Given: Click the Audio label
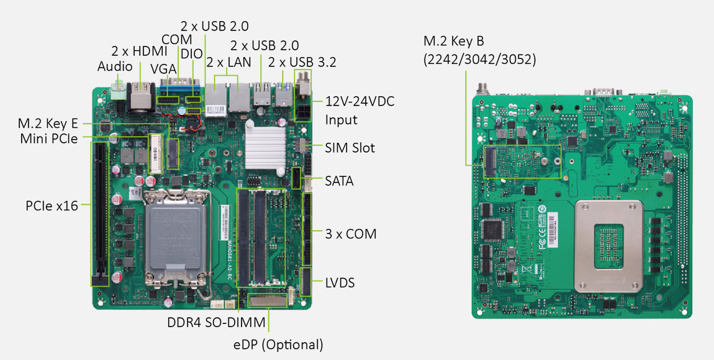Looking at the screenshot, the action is point(115,66).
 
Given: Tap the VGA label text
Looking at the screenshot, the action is point(163,69).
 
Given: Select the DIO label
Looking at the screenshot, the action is point(192,53).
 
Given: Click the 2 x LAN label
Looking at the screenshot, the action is point(228,62).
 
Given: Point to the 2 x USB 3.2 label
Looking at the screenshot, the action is point(302,62).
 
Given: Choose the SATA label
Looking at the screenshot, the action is point(339,181).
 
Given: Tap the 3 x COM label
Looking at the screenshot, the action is point(351,234).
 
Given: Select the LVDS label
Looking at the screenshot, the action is point(340,283).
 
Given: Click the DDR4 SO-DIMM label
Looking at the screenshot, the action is point(216,323).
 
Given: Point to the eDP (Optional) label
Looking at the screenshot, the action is point(278,344).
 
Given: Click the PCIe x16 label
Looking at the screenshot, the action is point(52,205).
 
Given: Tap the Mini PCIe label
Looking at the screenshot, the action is point(48,139).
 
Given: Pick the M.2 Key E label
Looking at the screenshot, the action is point(48,124).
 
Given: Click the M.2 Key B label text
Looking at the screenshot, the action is point(453,42).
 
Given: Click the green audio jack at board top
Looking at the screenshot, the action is point(119,93).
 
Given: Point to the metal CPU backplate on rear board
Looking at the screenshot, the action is point(609,246).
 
